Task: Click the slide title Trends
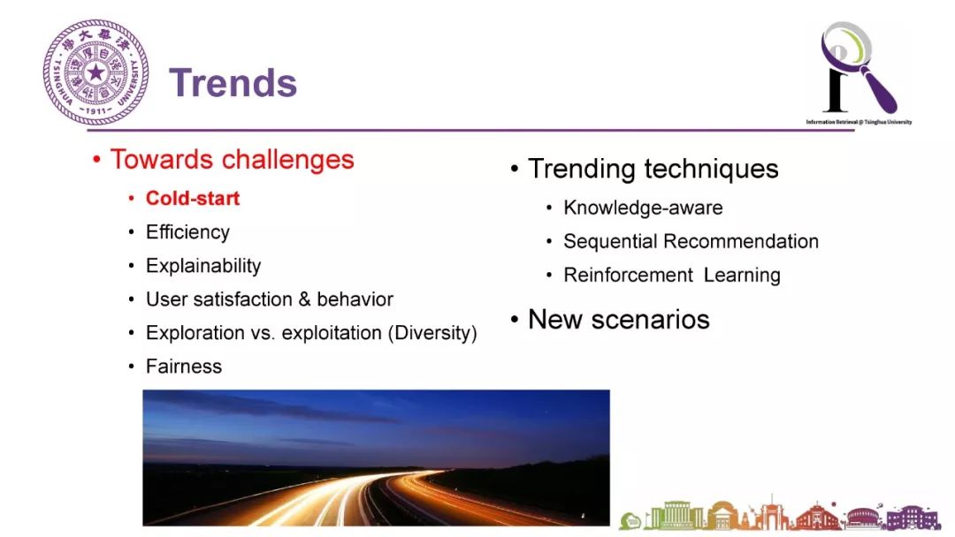click(x=233, y=83)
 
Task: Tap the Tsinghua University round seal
click(x=95, y=72)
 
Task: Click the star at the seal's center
click(x=95, y=73)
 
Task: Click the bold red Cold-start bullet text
click(x=193, y=198)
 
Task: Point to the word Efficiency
click(x=187, y=232)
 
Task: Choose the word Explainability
click(x=203, y=266)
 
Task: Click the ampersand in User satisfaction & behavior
click(x=304, y=299)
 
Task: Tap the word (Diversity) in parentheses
click(x=432, y=333)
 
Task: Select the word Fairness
click(x=184, y=367)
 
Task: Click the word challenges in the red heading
click(x=287, y=160)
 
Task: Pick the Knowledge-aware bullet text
click(x=643, y=208)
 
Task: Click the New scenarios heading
click(x=619, y=319)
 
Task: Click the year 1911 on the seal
click(x=95, y=111)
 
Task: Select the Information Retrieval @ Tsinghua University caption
click(x=859, y=122)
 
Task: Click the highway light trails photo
click(x=376, y=458)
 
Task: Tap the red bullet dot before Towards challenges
click(x=96, y=160)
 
